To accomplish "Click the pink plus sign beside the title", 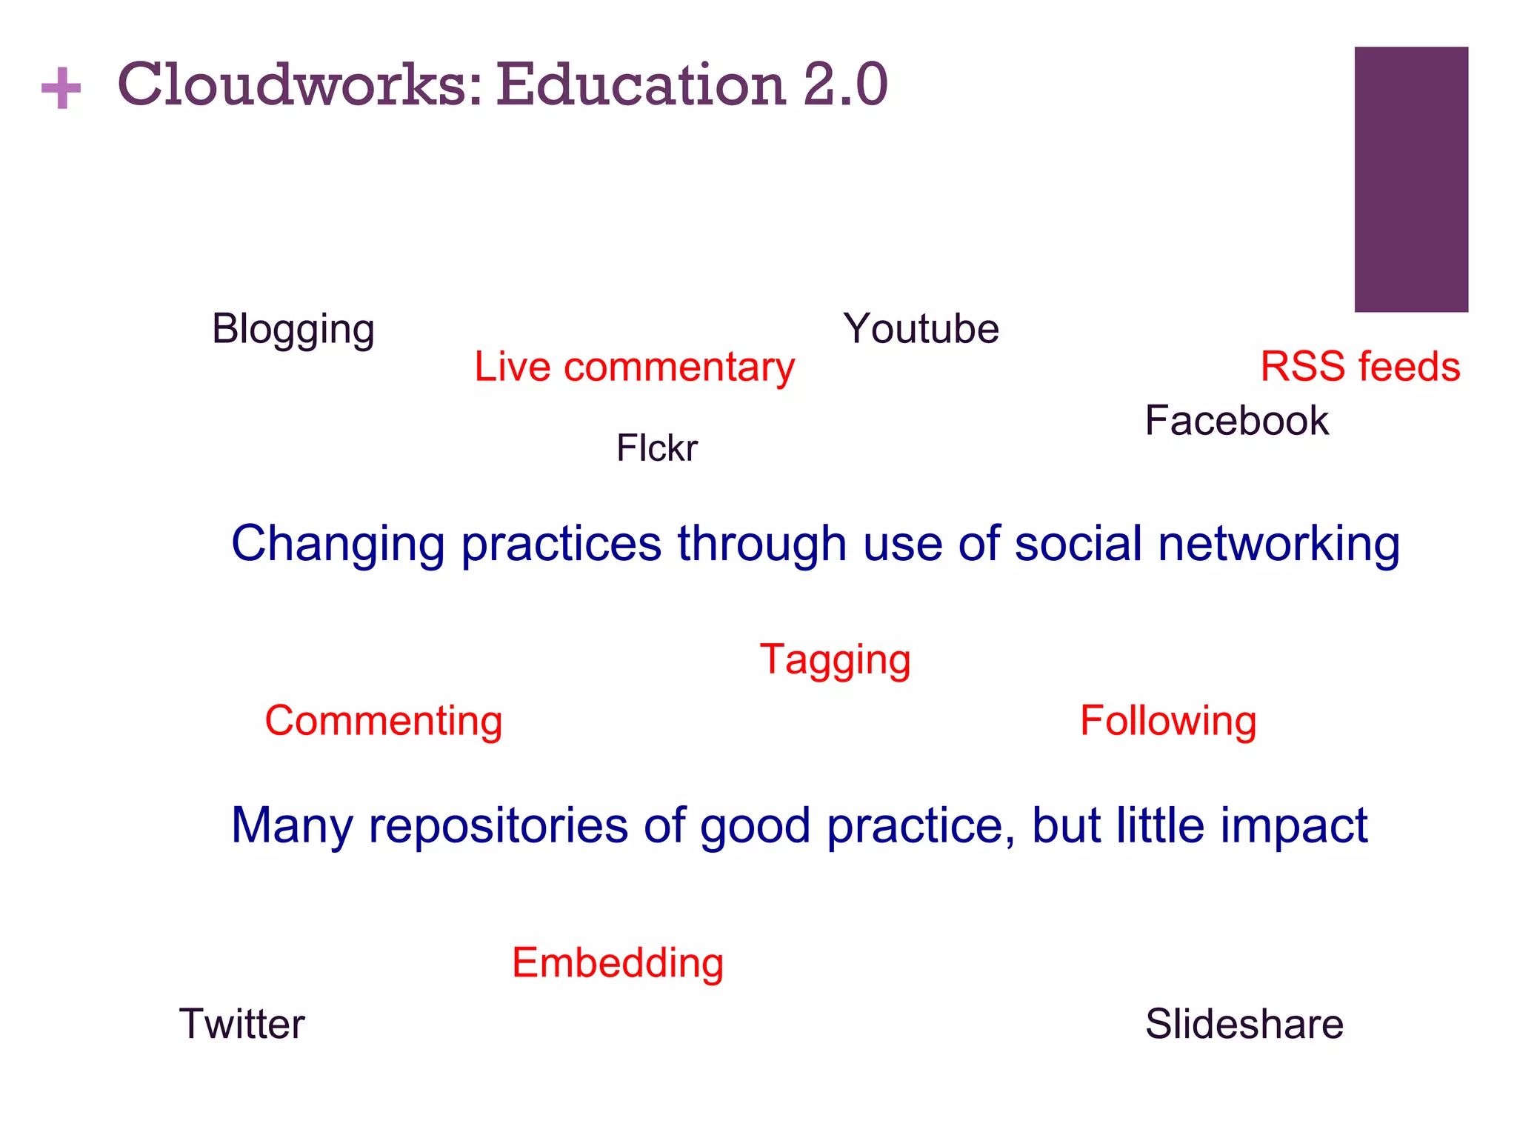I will click(x=61, y=88).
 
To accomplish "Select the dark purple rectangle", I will click(x=1411, y=179).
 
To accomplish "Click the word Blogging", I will click(x=293, y=329).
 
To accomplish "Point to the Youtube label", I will click(x=921, y=328).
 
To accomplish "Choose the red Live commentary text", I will click(x=634, y=367).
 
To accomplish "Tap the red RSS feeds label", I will click(x=1360, y=366).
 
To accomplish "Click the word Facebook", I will click(x=1236, y=420).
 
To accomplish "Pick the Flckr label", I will click(x=657, y=447).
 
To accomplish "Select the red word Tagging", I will click(x=835, y=659).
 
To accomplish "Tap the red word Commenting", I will click(x=384, y=721).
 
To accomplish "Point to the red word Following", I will click(x=1168, y=721).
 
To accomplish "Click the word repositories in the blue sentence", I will click(x=498, y=825).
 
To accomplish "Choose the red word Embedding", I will click(x=618, y=963).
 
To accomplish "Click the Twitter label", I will click(x=241, y=1024).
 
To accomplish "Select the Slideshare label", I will click(x=1244, y=1024).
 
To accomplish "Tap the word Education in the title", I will click(x=640, y=84).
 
